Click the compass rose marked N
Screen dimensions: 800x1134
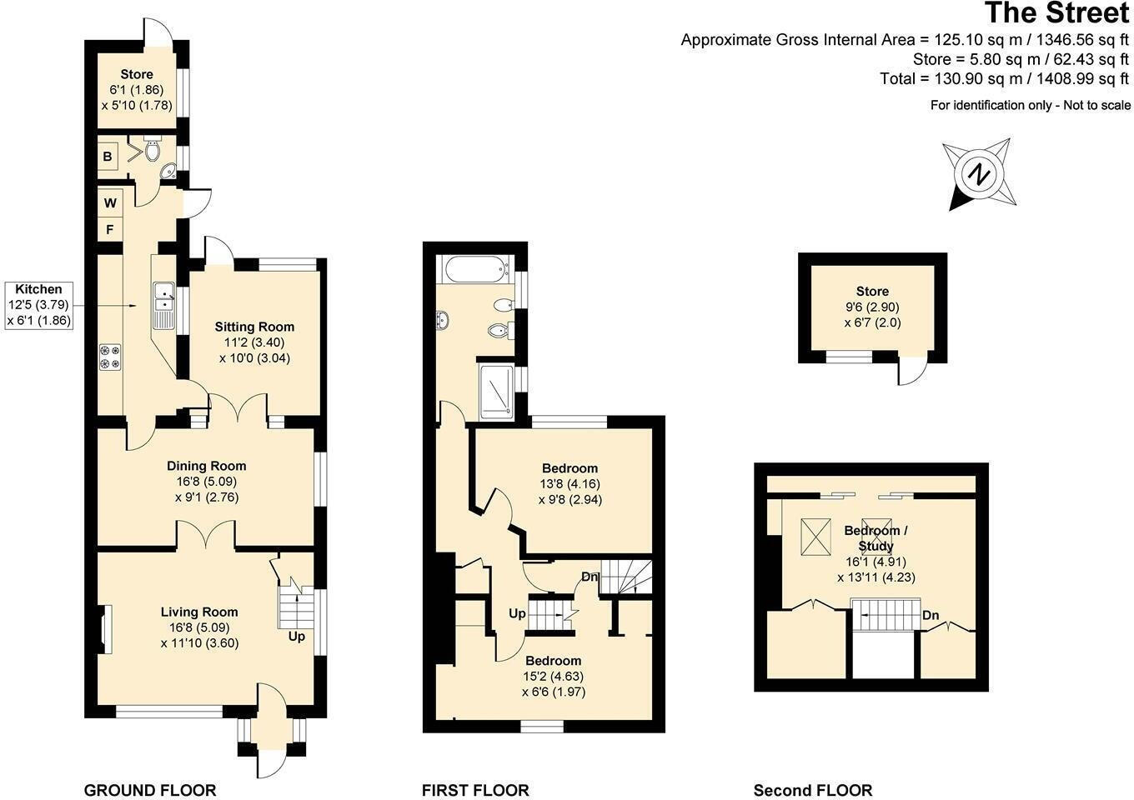[x=980, y=176]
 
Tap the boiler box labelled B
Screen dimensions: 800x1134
[x=108, y=157]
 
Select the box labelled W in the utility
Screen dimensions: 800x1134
[x=110, y=202]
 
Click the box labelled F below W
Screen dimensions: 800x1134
[x=109, y=228]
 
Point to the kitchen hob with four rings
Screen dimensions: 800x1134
[x=110, y=356]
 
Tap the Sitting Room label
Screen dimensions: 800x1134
[x=254, y=327]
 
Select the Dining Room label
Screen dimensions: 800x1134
[x=206, y=466]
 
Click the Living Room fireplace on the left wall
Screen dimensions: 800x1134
[x=103, y=630]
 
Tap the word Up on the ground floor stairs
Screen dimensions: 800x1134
[x=296, y=637]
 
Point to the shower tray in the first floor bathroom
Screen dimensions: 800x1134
[x=497, y=390]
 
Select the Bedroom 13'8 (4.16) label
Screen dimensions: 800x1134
[x=570, y=483]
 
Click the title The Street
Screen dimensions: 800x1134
[x=1056, y=13]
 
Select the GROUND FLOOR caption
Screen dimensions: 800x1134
[x=150, y=790]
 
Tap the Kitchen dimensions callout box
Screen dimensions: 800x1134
[x=38, y=304]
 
